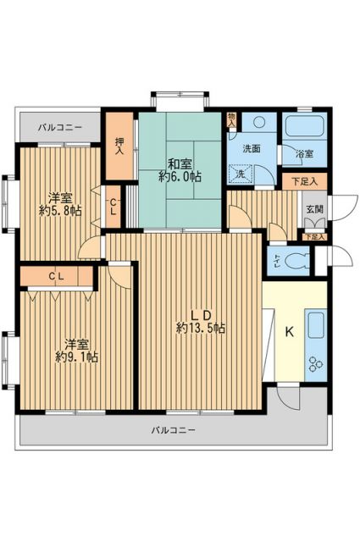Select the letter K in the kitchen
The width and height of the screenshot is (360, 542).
[x=288, y=331]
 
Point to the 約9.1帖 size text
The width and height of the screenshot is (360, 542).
[x=77, y=357]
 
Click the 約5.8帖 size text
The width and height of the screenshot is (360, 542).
[x=61, y=210]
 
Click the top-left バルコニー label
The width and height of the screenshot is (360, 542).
[x=59, y=127]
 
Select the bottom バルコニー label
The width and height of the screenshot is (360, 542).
[x=174, y=430]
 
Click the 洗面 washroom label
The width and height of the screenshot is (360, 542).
[x=252, y=149]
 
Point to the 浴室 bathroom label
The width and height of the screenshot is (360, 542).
[x=303, y=154]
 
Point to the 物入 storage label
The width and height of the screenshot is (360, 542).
[x=233, y=119]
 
